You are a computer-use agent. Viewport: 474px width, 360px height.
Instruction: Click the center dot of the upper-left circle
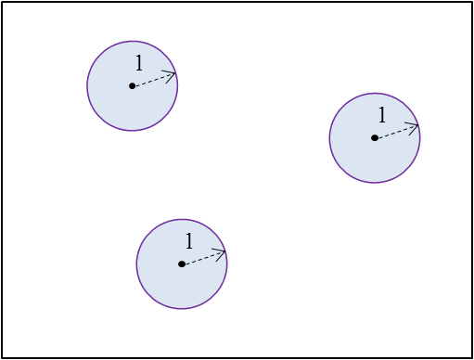tap(132, 86)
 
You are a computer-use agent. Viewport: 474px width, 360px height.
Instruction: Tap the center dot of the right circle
tap(374, 138)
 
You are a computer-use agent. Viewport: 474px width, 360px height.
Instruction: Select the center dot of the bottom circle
tap(181, 264)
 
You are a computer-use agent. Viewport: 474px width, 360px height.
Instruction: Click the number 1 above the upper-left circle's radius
tap(139, 64)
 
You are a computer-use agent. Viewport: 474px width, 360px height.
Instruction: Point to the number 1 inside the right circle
tap(381, 116)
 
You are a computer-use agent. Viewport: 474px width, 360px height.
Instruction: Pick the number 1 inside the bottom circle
tap(188, 242)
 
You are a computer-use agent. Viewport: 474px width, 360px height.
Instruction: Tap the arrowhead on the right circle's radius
tap(415, 126)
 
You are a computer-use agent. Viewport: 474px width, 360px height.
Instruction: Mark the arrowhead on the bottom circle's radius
tap(222, 252)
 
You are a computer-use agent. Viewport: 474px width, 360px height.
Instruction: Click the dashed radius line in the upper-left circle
tap(151, 81)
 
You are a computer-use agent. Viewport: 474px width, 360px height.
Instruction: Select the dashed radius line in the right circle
tap(393, 133)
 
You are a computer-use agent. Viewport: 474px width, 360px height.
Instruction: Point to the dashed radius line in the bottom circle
tap(200, 259)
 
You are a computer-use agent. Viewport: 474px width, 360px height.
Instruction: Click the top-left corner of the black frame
tap(1, 1)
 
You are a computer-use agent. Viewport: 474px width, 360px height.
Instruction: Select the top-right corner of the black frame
tap(472, 1)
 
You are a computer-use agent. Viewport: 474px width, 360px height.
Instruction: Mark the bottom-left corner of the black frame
tap(1, 358)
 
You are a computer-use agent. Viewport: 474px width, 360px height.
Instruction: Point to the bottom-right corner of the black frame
tap(472, 358)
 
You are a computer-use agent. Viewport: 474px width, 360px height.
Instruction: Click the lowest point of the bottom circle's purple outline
tap(182, 309)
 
